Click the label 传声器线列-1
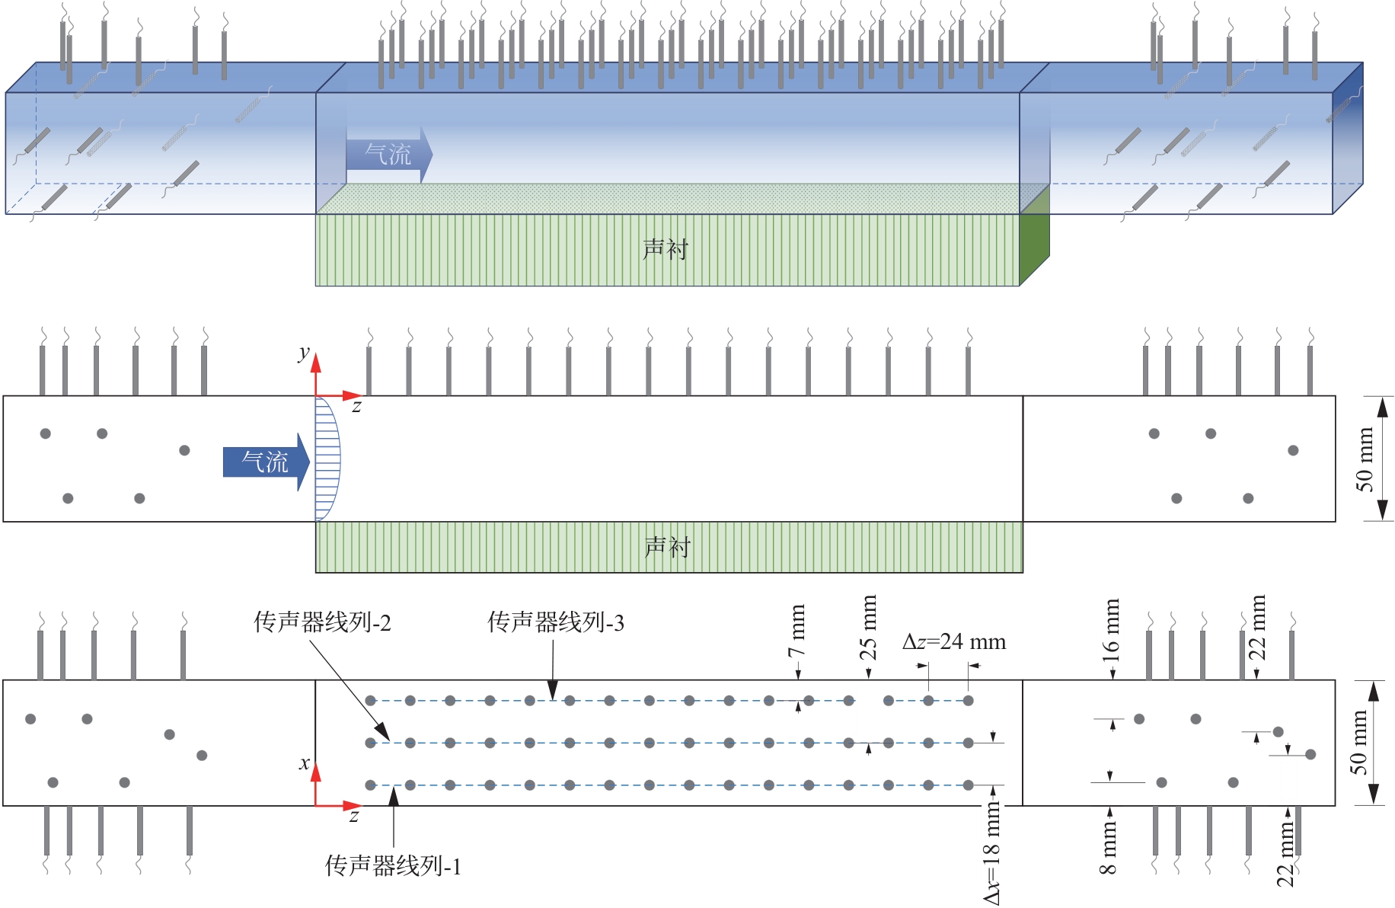click(x=393, y=866)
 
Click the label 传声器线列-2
click(x=322, y=622)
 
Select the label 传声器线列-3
click(x=556, y=622)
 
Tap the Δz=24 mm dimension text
click(x=954, y=641)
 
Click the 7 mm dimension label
click(x=796, y=631)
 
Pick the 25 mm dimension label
click(x=868, y=626)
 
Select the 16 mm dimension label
click(x=1111, y=630)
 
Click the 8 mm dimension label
click(x=1108, y=848)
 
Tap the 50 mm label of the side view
click(x=1365, y=459)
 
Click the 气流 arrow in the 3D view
click(x=389, y=155)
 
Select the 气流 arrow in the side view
click(x=266, y=462)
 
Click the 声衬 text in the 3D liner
click(x=666, y=249)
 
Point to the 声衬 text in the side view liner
click(x=667, y=546)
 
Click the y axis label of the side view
click(x=304, y=353)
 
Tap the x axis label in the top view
click(x=305, y=763)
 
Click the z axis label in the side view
click(x=356, y=407)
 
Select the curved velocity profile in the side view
click(x=328, y=459)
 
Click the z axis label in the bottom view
click(x=353, y=816)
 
